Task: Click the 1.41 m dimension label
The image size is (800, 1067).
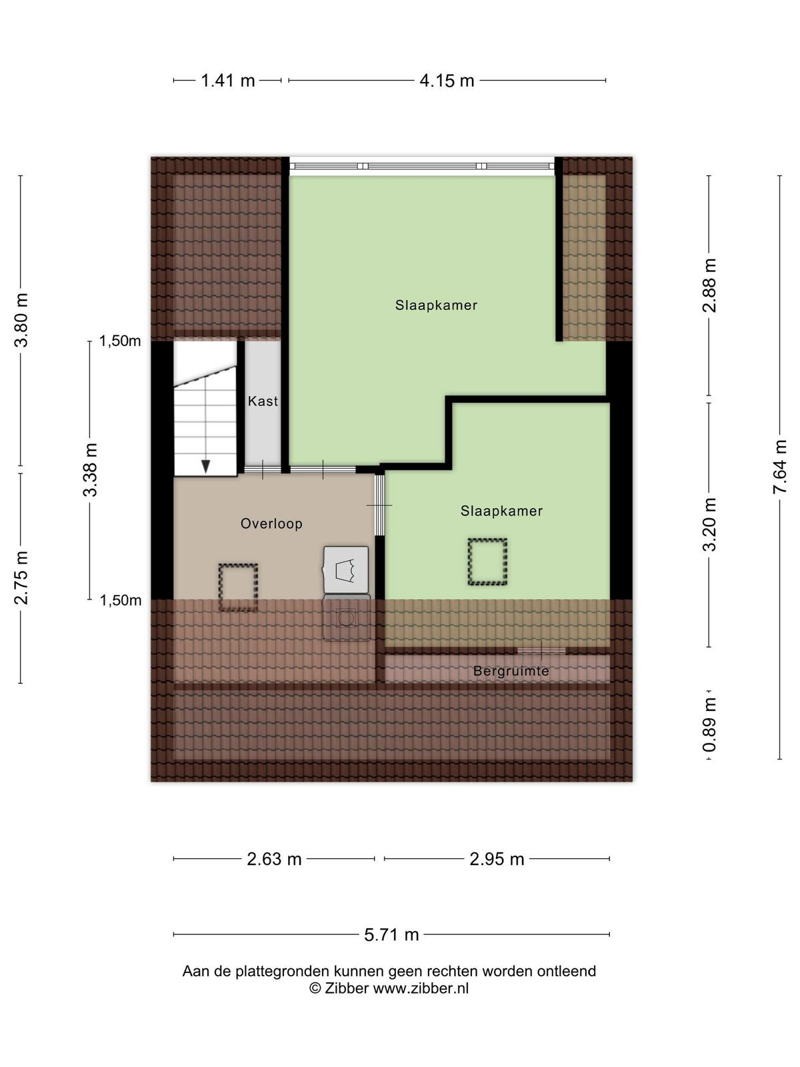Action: point(228,80)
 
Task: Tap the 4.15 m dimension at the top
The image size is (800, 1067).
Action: point(447,80)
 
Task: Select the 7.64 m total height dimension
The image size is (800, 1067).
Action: point(779,467)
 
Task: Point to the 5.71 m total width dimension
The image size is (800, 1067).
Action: point(391,934)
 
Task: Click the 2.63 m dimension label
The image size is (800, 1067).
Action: point(274,859)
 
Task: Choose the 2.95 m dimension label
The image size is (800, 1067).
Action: point(497,859)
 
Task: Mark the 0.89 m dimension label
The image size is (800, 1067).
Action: point(709,724)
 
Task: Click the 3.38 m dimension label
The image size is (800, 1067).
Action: point(91,469)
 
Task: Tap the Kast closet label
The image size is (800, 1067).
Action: point(263,401)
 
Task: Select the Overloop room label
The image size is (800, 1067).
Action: point(271,523)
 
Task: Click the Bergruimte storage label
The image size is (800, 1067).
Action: point(511,672)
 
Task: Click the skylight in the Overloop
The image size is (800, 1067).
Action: point(238,587)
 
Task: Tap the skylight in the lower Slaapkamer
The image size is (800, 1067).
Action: point(487,562)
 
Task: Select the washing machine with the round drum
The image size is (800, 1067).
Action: point(347,618)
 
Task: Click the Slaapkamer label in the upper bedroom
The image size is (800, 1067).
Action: point(436,305)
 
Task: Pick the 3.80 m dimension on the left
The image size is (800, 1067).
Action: point(21,320)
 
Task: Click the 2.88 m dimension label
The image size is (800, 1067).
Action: point(709,285)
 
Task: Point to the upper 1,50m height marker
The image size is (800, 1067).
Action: point(120,341)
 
